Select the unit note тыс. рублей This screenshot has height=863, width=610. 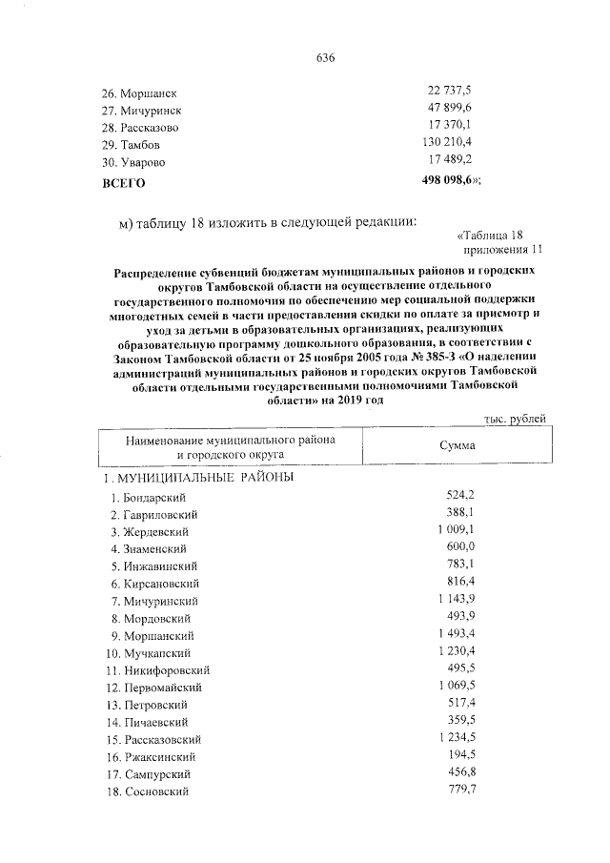[x=515, y=419]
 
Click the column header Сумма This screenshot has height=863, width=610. [x=457, y=445]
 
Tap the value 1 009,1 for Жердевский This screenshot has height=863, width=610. [x=454, y=530]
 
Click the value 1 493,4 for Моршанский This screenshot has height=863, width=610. [x=454, y=635]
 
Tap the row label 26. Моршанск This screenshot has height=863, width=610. [x=140, y=93]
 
